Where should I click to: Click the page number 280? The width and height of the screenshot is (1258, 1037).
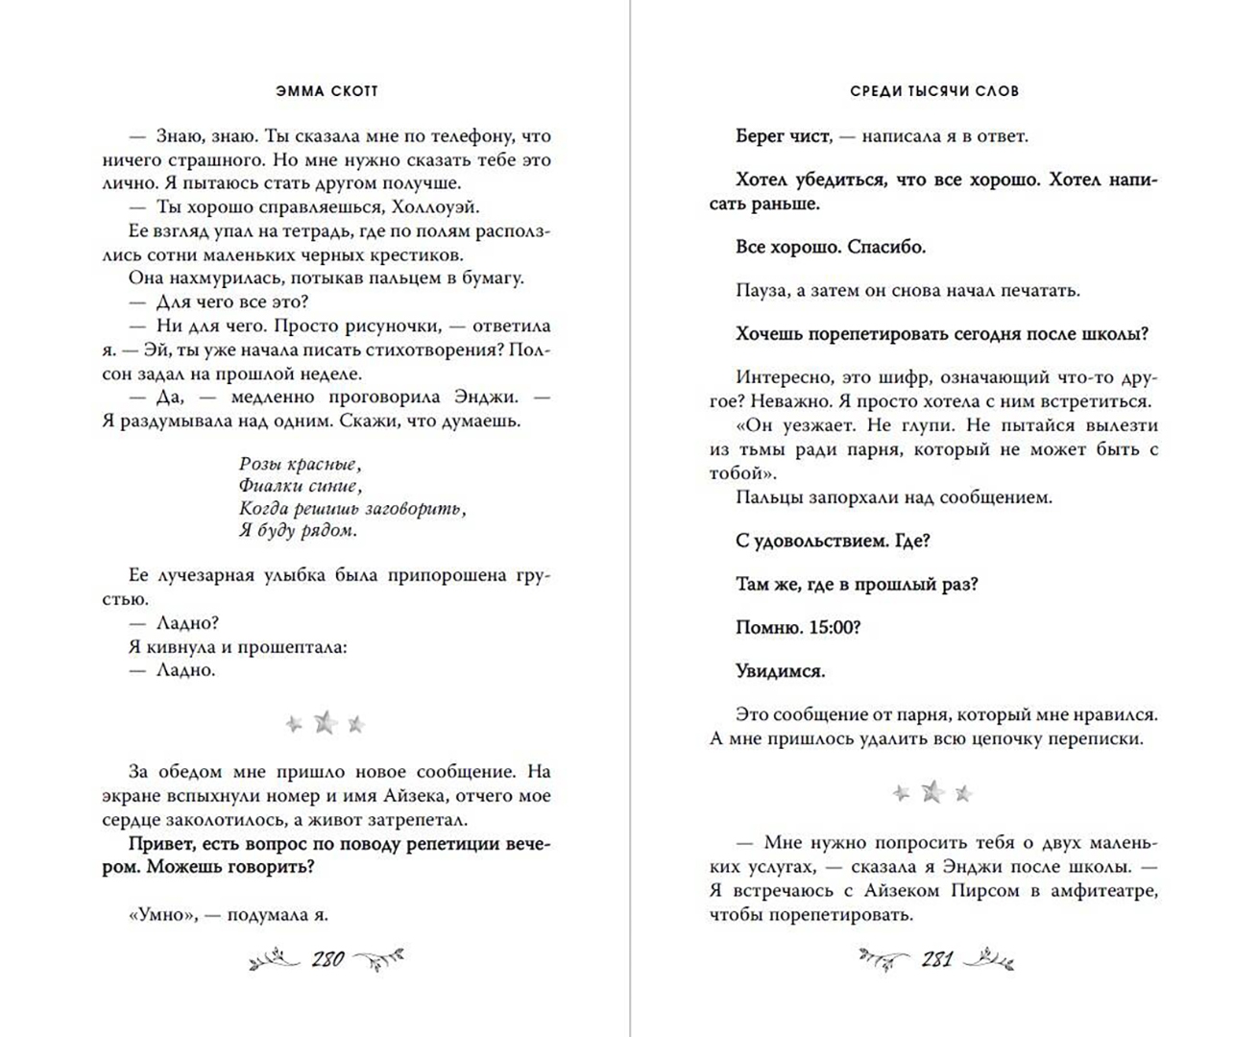pyautogui.click(x=327, y=958)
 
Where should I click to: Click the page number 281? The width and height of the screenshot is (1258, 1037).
pyautogui.click(x=936, y=958)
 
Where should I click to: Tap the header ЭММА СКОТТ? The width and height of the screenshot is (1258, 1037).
pyautogui.click(x=327, y=91)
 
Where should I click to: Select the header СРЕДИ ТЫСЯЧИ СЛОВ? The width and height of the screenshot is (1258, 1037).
pyautogui.click(x=934, y=91)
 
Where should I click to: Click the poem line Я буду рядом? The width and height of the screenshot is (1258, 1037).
pyautogui.click(x=298, y=530)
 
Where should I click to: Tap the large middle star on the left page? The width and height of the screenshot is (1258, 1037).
pyautogui.click(x=326, y=723)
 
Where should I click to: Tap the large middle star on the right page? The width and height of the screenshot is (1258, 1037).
pyautogui.click(x=932, y=792)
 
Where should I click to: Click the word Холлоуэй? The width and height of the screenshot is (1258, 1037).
pyautogui.click(x=436, y=207)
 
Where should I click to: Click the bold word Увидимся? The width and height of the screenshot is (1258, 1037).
pyautogui.click(x=780, y=670)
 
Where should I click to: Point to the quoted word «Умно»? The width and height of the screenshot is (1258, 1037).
pyautogui.click(x=160, y=915)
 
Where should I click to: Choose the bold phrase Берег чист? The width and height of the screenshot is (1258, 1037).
pyautogui.click(x=783, y=136)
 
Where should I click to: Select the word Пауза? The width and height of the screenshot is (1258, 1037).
pyautogui.click(x=762, y=290)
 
